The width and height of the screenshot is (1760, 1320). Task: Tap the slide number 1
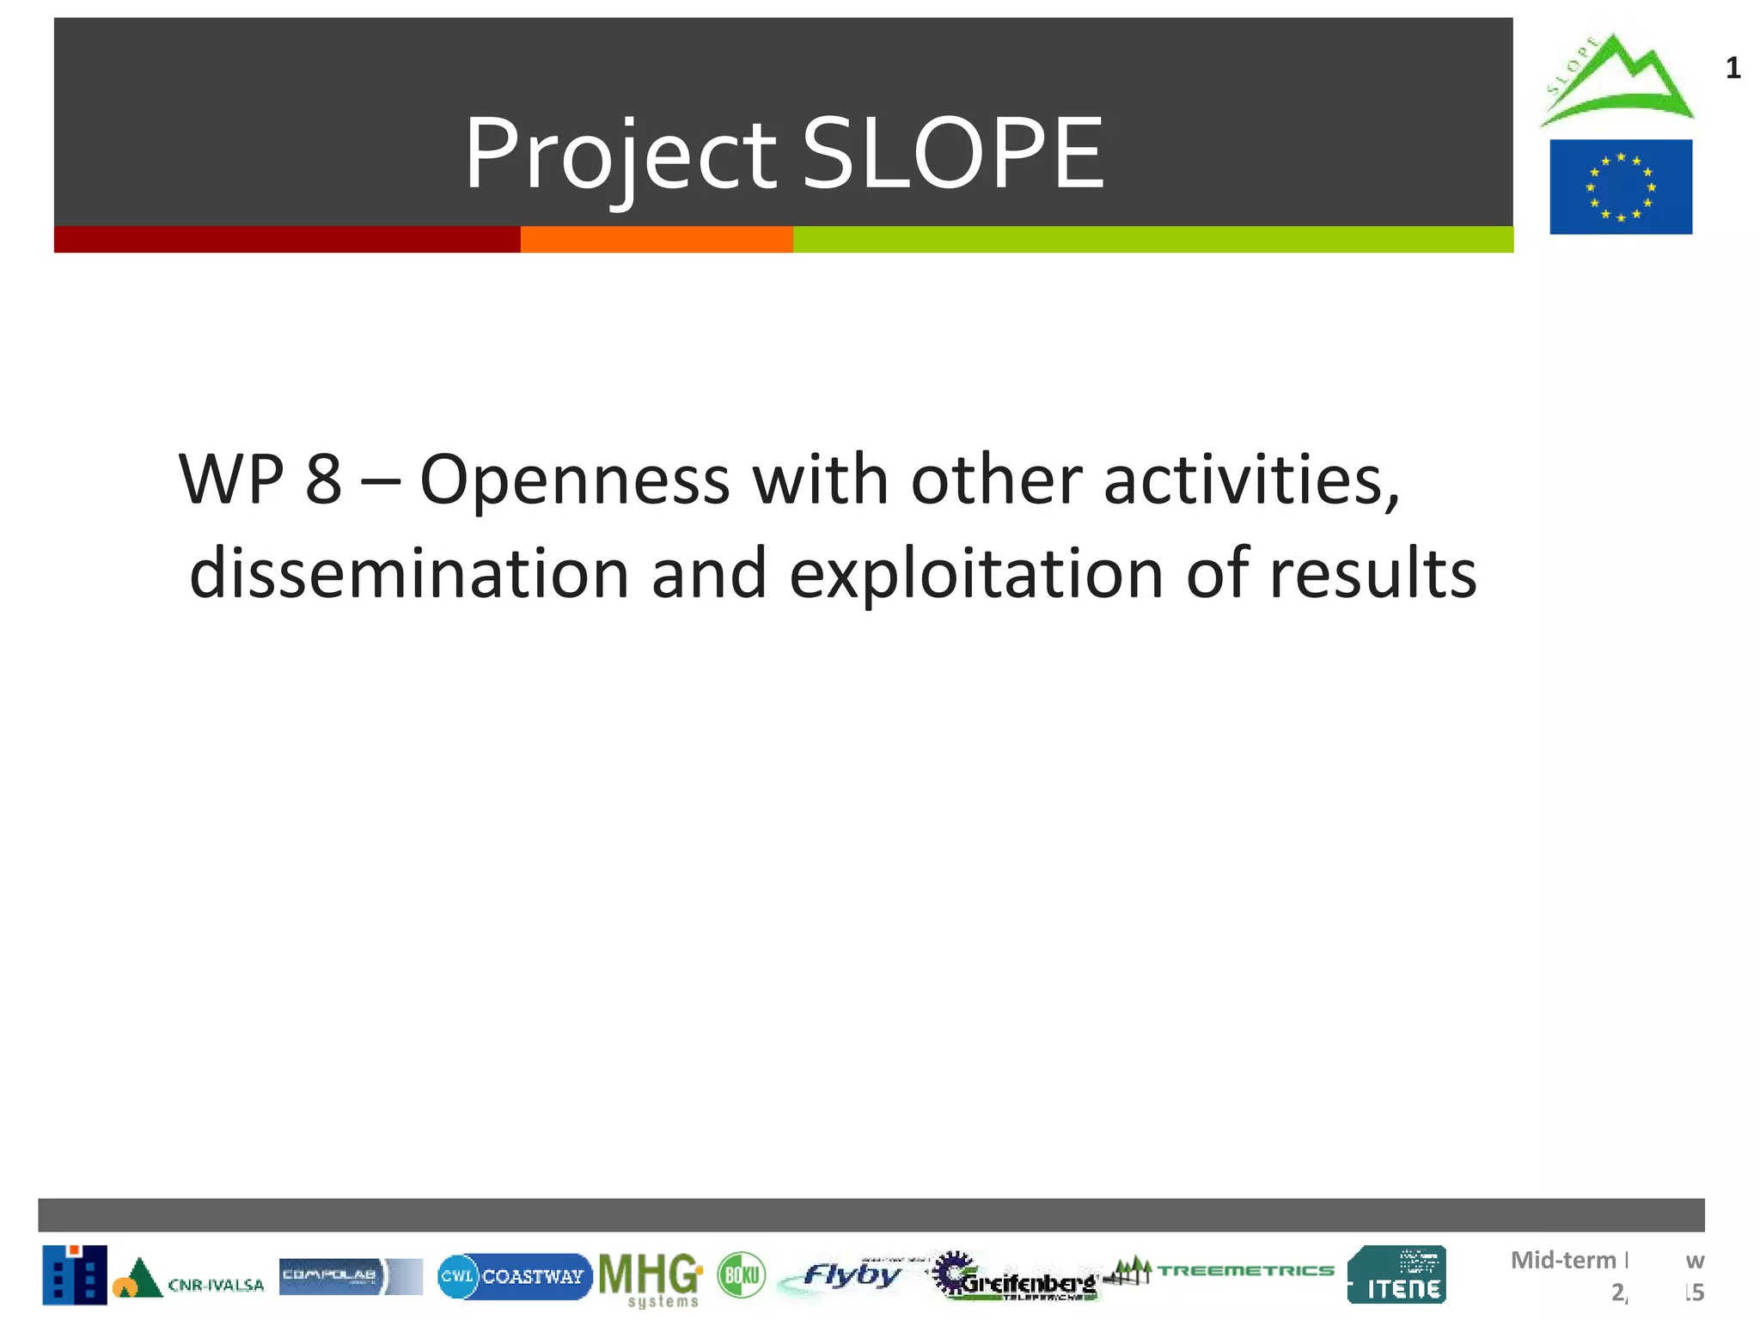pos(1732,69)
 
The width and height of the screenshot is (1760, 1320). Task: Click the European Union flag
pos(1621,186)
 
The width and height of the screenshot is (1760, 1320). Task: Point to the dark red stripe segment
pos(287,240)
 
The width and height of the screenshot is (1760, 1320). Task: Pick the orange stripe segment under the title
pos(657,240)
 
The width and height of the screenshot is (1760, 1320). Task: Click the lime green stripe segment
pos(1152,240)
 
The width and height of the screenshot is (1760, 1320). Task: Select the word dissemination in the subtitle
pos(409,574)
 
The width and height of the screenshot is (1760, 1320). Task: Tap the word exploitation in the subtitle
pos(976,574)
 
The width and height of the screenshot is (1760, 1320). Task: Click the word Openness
pos(575,480)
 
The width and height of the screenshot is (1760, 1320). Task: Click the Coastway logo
pos(514,1276)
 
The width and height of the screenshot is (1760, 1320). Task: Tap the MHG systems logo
pos(651,1279)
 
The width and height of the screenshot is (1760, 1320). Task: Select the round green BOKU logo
pos(741,1275)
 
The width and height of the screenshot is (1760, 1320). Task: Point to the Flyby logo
pos(846,1276)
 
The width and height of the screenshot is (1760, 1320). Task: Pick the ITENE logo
pos(1397,1275)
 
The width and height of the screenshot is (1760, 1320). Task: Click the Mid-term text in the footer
pos(1563,1260)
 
